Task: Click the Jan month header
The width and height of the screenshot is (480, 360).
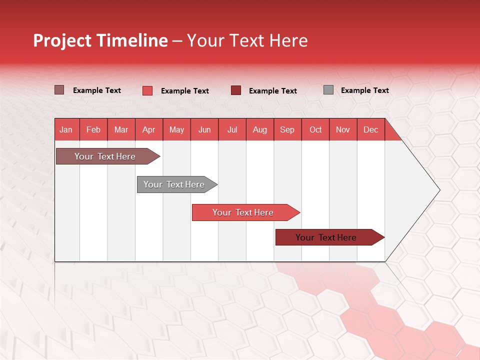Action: click(66, 129)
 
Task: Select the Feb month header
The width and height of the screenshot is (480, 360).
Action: click(93, 129)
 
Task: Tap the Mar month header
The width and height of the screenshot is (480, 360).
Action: click(121, 129)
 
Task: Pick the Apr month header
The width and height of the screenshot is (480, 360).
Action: click(149, 129)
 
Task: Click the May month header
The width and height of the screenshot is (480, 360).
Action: click(176, 129)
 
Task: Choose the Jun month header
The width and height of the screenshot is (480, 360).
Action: click(204, 129)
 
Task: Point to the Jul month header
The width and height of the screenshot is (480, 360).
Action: click(232, 129)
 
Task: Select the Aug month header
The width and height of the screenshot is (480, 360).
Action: click(260, 129)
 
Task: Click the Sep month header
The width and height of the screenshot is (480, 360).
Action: click(287, 129)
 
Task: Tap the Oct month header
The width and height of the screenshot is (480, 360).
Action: click(315, 129)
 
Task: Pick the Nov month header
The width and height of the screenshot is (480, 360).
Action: click(343, 129)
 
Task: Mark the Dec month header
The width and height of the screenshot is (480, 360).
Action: click(371, 129)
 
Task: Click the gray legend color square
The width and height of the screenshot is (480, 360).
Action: click(328, 90)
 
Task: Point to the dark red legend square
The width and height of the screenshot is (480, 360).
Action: click(236, 90)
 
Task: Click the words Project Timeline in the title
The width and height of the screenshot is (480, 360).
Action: click(100, 40)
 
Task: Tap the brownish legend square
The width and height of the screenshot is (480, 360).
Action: click(59, 90)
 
